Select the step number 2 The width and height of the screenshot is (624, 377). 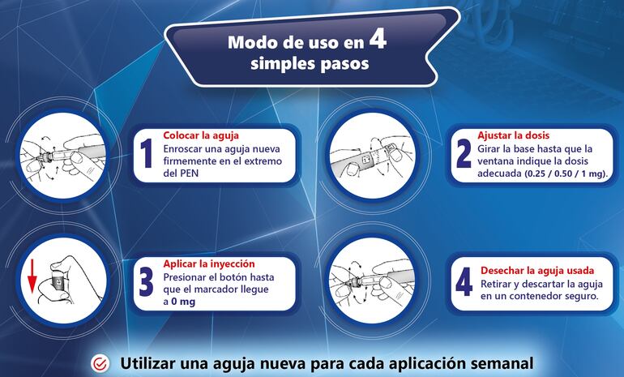point(464,152)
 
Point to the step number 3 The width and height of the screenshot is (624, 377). point(147,282)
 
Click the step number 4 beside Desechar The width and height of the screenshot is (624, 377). point(464,282)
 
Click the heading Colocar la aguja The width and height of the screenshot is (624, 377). point(201,135)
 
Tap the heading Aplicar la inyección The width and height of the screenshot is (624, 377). point(209,263)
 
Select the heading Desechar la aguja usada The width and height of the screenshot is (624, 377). point(537,270)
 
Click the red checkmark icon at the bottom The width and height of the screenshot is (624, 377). point(100,364)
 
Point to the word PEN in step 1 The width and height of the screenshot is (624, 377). point(194,174)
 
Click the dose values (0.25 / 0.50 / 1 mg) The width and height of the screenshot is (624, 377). point(562,174)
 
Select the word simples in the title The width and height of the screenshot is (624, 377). point(274,64)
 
